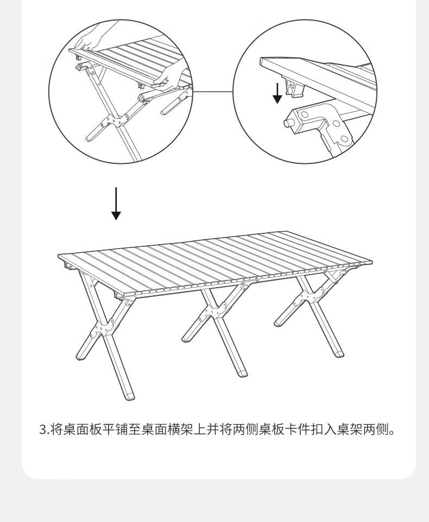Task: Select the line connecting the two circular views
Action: pos(213,91)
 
